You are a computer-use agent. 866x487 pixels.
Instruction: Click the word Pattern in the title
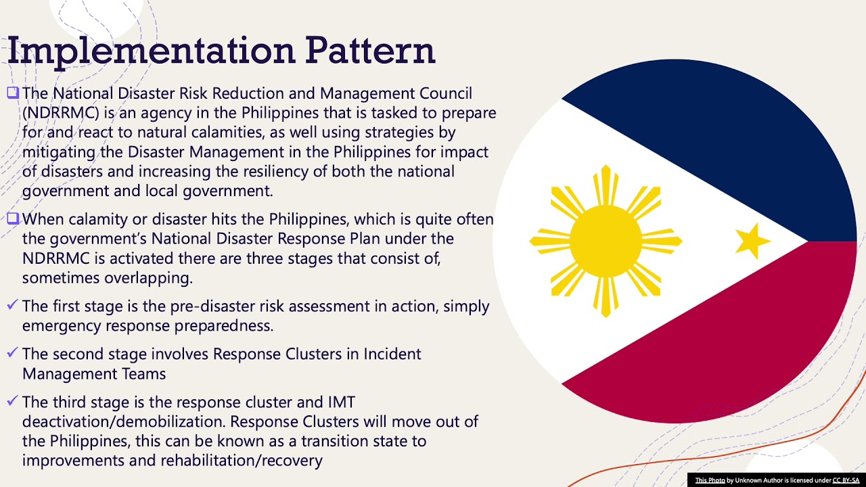coord(369,51)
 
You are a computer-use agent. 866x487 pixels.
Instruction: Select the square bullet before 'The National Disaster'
coord(14,93)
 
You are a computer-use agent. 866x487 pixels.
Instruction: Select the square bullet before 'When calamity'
coord(14,219)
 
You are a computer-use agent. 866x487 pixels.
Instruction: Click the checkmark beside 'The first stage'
coord(12,306)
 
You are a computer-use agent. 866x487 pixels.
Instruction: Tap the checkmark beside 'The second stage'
coord(12,354)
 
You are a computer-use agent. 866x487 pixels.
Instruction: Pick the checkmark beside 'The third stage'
coord(12,402)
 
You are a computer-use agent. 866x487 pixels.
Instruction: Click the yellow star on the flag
coord(752,241)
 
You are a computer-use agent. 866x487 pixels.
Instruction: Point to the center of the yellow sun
coord(606,241)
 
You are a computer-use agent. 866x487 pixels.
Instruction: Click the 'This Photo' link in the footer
coord(710,480)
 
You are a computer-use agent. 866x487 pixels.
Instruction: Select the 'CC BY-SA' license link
coord(846,480)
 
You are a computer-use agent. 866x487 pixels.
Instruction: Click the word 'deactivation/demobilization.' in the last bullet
coord(124,421)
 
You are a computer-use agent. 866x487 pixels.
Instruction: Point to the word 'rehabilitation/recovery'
coord(242,461)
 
